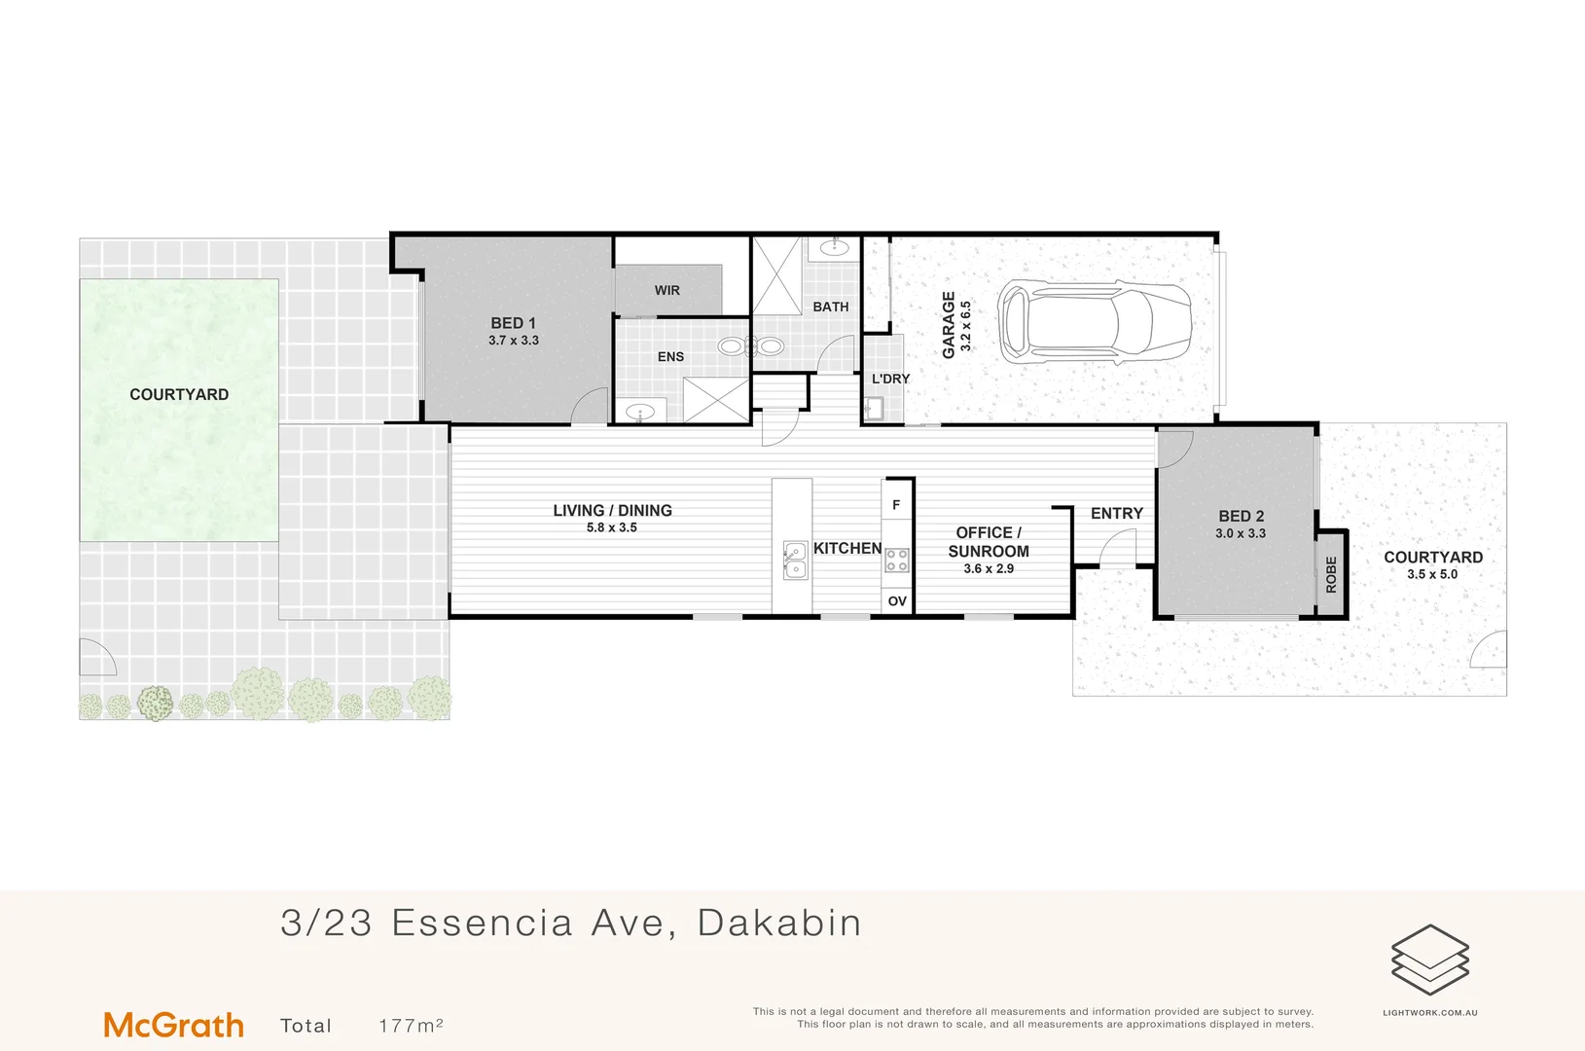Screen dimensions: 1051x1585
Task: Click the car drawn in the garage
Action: tap(1094, 322)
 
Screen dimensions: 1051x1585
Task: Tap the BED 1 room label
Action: tap(513, 323)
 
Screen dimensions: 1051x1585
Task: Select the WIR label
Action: tap(667, 290)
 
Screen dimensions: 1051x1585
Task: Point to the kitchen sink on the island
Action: tap(795, 561)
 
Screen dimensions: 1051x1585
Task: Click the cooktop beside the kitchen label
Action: tap(897, 560)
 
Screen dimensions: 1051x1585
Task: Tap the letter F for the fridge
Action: tap(896, 505)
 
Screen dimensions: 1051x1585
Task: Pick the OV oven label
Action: tap(897, 601)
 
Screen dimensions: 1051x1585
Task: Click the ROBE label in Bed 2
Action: tap(1331, 575)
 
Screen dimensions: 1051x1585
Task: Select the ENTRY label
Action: tap(1117, 513)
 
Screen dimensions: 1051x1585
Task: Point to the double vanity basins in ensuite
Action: tap(750, 345)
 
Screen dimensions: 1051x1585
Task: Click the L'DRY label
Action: tap(890, 379)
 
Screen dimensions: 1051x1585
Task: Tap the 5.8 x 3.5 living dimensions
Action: tap(612, 527)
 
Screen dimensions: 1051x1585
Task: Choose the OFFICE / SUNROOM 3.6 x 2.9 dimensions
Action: tap(989, 568)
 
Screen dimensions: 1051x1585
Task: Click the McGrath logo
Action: tap(173, 1025)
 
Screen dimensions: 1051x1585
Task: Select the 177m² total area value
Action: tap(411, 1026)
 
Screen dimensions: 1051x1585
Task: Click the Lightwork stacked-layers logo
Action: tap(1429, 960)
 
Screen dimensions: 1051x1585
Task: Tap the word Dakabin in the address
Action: tap(779, 923)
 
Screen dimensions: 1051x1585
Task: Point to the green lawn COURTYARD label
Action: tap(179, 394)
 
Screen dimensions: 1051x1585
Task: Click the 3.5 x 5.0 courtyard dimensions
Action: tap(1432, 574)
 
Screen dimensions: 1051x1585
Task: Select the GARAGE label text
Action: tap(949, 325)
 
